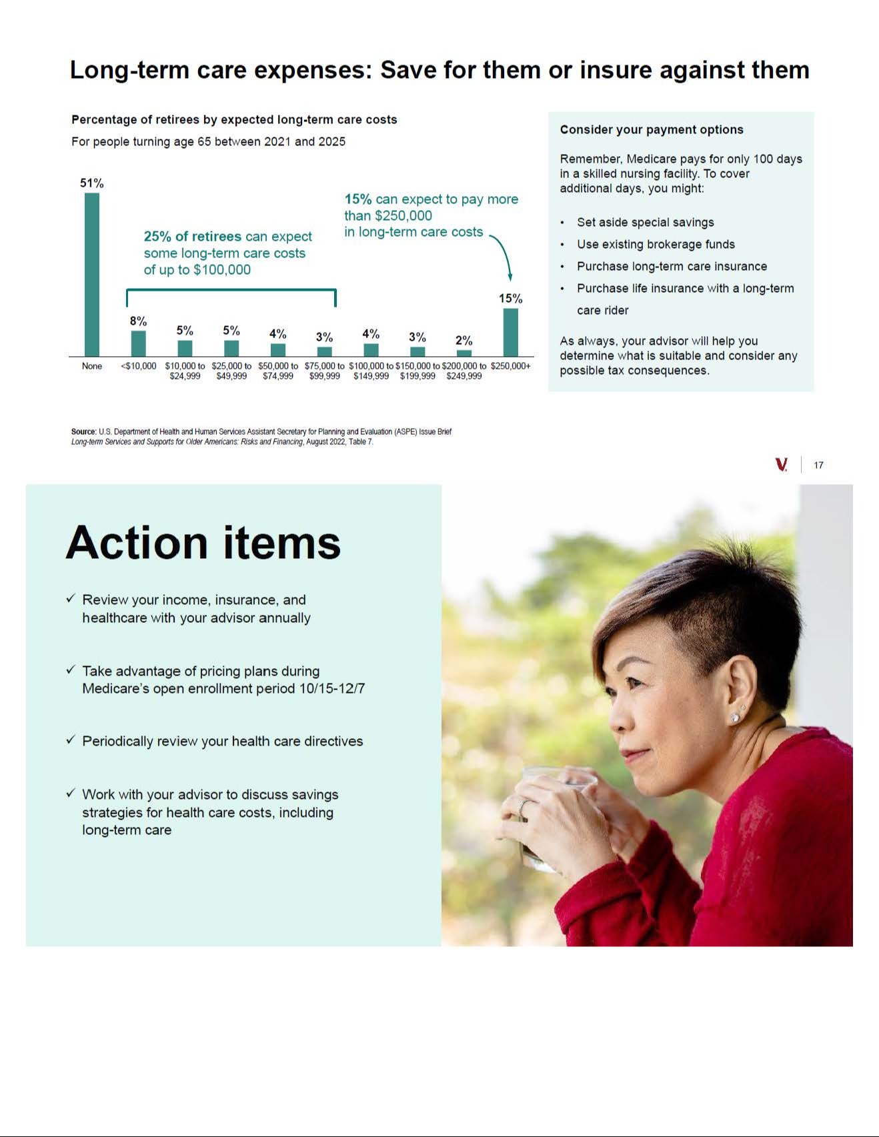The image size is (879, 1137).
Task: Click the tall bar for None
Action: pos(92,274)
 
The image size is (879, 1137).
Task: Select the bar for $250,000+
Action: pos(510,332)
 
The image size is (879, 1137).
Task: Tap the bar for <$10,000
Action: pos(138,343)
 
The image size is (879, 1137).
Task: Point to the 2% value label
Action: pos(464,341)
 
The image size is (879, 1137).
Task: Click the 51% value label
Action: pos(92,183)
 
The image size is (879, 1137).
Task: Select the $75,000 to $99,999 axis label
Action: pos(325,371)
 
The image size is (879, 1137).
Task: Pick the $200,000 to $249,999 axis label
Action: pos(464,371)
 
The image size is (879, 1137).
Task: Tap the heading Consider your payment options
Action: pos(652,130)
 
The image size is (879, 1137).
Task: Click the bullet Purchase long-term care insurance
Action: pos(672,267)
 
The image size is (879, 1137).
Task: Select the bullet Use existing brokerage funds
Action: pos(656,245)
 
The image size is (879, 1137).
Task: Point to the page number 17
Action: pos(818,465)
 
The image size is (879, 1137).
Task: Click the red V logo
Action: pos(782,465)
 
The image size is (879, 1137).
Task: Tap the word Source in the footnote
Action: pos(83,432)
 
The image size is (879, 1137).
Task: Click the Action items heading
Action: pos(203,542)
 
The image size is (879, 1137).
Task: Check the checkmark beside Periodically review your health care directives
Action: pos(71,740)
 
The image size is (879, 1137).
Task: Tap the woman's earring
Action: pos(735,717)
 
